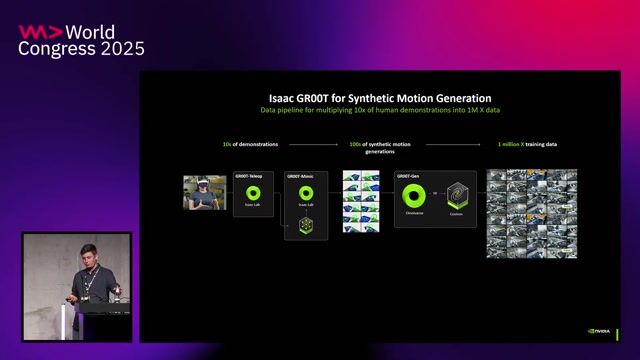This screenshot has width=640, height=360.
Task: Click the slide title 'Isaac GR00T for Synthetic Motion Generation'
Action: [380, 98]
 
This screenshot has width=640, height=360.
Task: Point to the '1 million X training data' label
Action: [527, 145]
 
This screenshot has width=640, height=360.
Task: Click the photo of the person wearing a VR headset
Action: [204, 192]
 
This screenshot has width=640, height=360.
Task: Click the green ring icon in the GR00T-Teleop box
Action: [253, 193]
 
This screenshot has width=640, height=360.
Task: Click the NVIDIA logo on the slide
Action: [601, 332]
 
